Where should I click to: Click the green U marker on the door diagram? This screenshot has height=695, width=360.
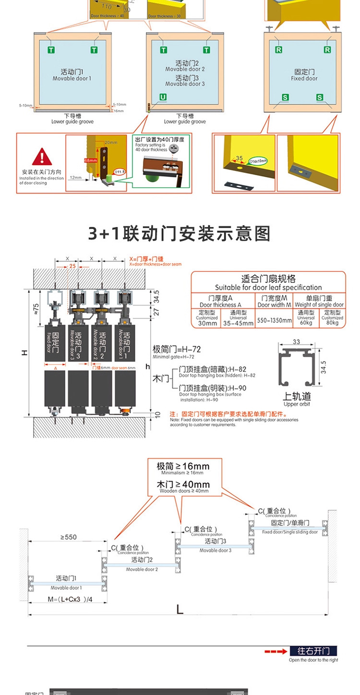pos(163,98)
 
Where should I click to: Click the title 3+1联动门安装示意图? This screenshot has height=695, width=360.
pos(180,233)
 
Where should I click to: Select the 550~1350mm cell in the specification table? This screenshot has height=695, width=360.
pos(274,319)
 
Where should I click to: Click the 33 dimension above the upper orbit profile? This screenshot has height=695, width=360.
pos(296,341)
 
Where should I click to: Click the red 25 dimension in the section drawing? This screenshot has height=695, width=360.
pos(72,266)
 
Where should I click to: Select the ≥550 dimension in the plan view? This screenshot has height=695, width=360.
pos(68,537)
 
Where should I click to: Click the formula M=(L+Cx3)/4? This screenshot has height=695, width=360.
pos(70,599)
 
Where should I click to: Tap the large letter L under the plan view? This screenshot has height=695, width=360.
pos(180,610)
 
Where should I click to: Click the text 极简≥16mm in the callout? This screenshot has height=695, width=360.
pos(183,466)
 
